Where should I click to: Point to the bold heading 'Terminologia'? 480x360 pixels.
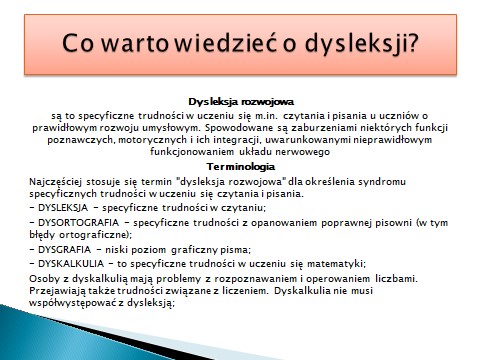click(240, 166)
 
